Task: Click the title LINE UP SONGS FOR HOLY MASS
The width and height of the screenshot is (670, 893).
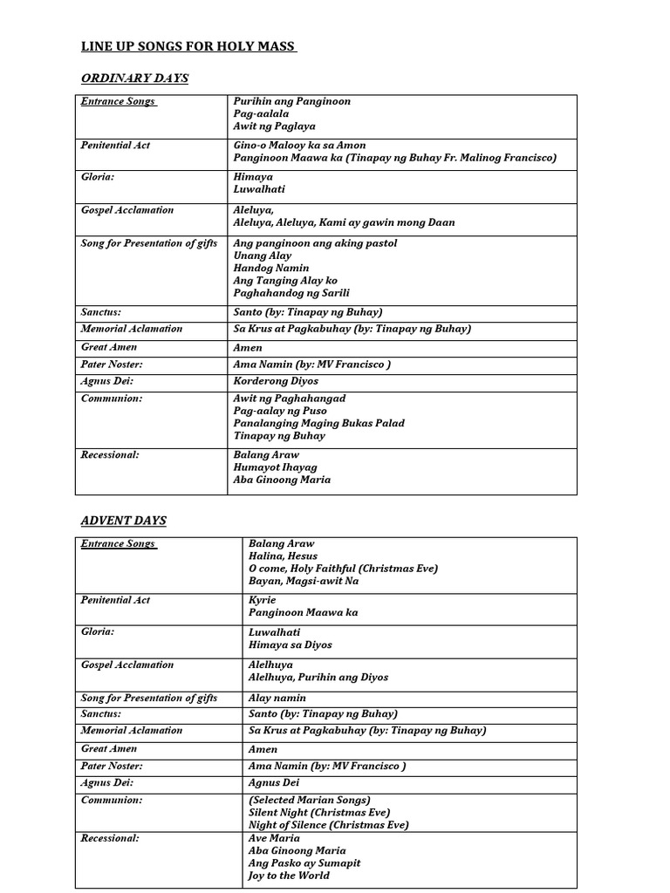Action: point(188,46)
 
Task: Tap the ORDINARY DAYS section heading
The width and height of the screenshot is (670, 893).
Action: point(134,78)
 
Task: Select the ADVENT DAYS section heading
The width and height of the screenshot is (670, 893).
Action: point(123,521)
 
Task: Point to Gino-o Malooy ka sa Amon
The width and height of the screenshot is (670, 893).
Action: point(299,145)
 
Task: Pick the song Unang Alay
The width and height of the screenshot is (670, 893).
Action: point(262,256)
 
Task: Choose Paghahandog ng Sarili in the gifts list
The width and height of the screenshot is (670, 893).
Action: point(291,293)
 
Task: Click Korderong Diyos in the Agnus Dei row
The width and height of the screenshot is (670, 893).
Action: point(276,381)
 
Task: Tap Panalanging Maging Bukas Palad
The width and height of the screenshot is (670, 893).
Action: point(318,423)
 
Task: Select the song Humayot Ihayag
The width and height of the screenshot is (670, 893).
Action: point(275,467)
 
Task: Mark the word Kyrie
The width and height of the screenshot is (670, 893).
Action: point(262,600)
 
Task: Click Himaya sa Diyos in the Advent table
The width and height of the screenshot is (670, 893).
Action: point(290,645)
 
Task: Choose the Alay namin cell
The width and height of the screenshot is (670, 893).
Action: point(276,698)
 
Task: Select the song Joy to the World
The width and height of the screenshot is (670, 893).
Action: point(289,875)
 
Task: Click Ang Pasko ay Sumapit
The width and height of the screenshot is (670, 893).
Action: point(304,862)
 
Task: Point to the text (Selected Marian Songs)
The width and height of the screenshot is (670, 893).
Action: point(310,800)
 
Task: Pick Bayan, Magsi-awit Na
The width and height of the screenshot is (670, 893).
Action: point(303,581)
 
